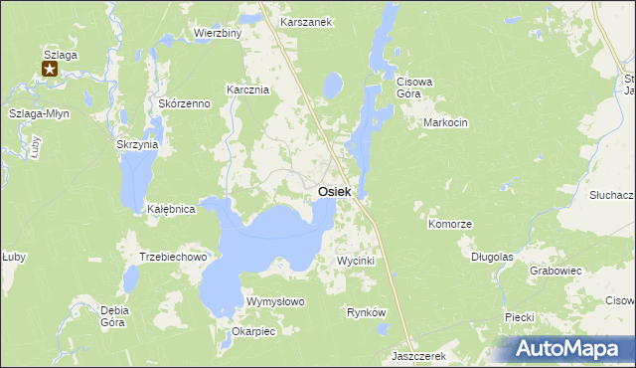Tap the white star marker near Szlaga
click(x=50, y=69)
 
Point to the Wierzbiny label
click(x=219, y=33)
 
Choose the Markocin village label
click(x=444, y=122)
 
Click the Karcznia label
click(x=248, y=90)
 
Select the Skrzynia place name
click(x=137, y=144)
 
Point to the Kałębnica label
click(x=170, y=210)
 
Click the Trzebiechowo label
click(x=172, y=257)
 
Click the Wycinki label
click(x=355, y=261)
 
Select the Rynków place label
click(x=366, y=312)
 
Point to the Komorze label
click(x=449, y=225)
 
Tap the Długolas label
click(x=492, y=256)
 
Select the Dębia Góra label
click(x=115, y=315)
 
